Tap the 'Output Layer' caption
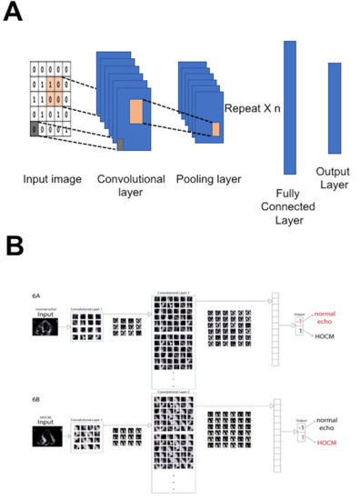334,177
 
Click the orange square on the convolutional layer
136,112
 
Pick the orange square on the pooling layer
215,128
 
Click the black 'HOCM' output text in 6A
322,344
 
